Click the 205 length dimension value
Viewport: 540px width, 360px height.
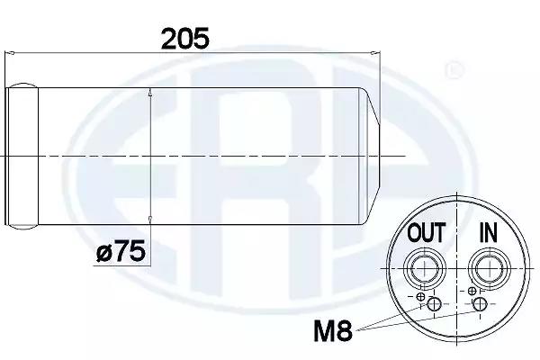tap(184, 38)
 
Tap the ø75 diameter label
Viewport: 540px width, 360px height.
tap(121, 251)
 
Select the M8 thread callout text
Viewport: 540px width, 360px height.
tap(333, 330)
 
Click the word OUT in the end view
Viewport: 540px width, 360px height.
tap(427, 232)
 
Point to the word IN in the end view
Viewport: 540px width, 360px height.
tap(489, 232)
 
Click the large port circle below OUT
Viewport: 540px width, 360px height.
tap(426, 268)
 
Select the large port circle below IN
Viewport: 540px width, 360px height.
tap(489, 268)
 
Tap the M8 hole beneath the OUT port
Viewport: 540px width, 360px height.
tap(434, 304)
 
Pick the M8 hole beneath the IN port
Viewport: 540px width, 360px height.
tap(480, 304)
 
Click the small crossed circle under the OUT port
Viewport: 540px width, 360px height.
tap(420, 296)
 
